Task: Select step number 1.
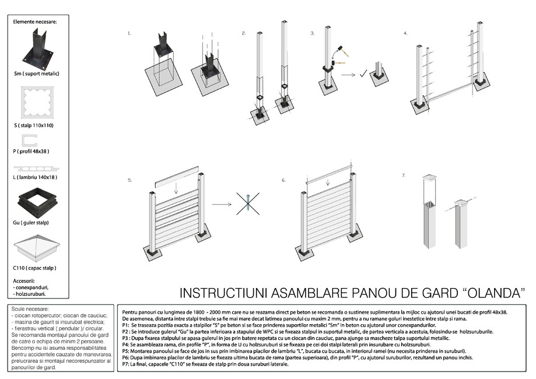pos(129,34)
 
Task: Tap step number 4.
pos(405,34)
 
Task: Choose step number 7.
pos(404,176)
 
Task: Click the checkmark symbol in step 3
pos(363,73)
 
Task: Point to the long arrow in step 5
pos(223,205)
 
